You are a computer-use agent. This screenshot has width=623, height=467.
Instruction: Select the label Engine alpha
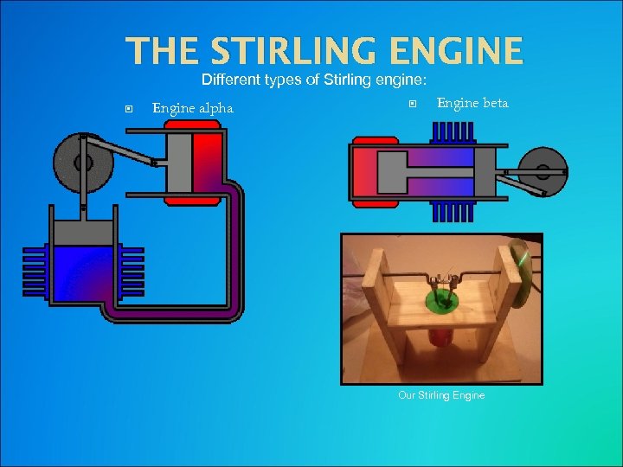click(192, 108)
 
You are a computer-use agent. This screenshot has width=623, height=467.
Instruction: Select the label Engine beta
click(472, 103)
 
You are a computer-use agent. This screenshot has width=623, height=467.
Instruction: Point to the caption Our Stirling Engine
click(441, 395)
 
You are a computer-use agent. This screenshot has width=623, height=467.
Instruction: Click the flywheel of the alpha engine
click(83, 162)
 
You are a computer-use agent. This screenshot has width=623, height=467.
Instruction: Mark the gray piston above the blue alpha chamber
click(83, 231)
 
